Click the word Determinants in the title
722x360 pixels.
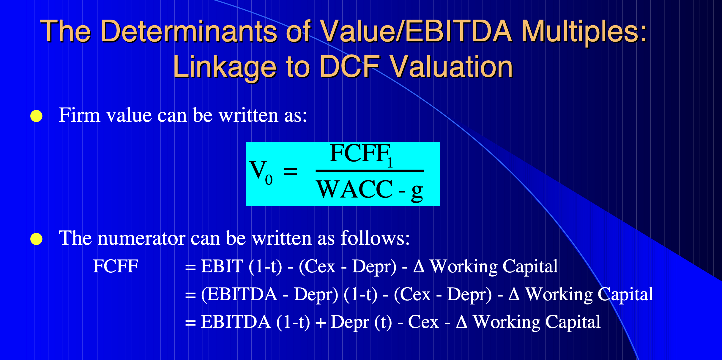tap(188, 31)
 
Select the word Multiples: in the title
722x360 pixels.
tap(584, 31)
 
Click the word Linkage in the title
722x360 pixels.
tap(224, 67)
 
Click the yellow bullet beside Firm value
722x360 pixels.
tap(37, 116)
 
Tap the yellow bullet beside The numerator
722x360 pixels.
tap(37, 239)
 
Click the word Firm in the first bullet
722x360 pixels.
tap(79, 115)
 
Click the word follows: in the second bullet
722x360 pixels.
tap(375, 239)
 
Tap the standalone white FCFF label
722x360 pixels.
tap(116, 266)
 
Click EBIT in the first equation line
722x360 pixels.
tap(222, 266)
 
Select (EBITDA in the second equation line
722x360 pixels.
tap(239, 294)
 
